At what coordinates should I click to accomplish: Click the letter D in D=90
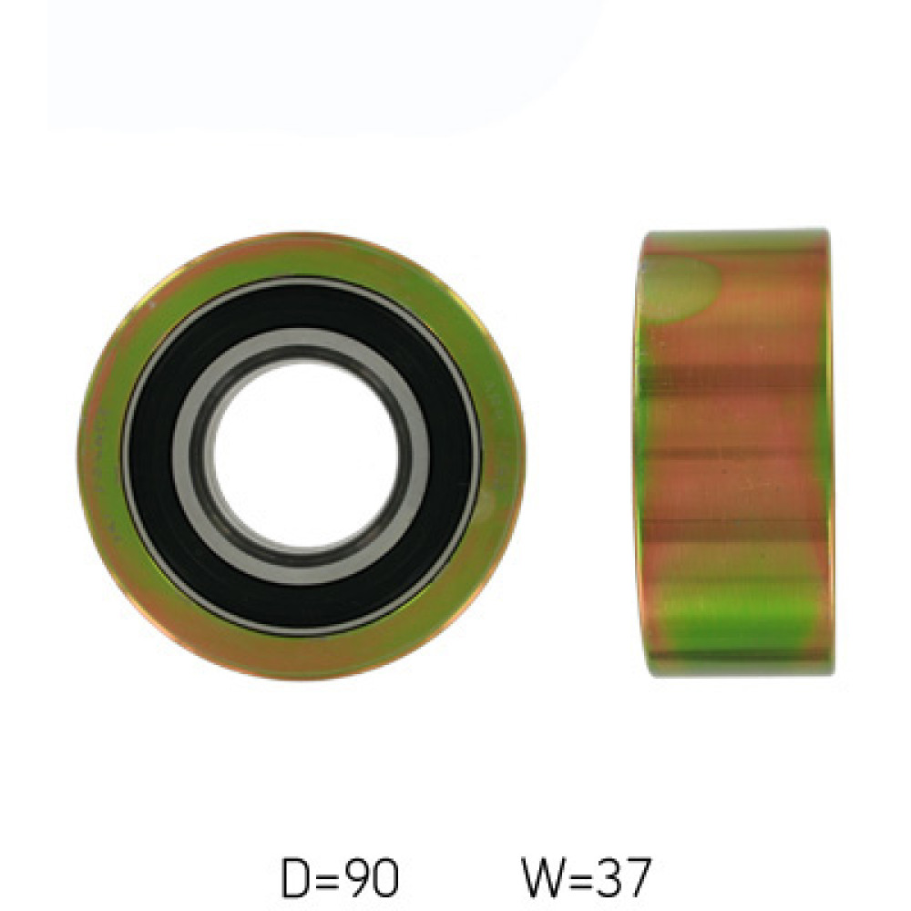pos(295,878)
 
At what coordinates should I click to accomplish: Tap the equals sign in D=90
pos(328,879)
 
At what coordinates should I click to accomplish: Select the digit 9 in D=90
pos(358,878)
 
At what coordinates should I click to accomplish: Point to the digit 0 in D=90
pos(386,878)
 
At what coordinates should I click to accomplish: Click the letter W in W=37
pos(545,877)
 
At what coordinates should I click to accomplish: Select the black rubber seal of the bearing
pos(302,308)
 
